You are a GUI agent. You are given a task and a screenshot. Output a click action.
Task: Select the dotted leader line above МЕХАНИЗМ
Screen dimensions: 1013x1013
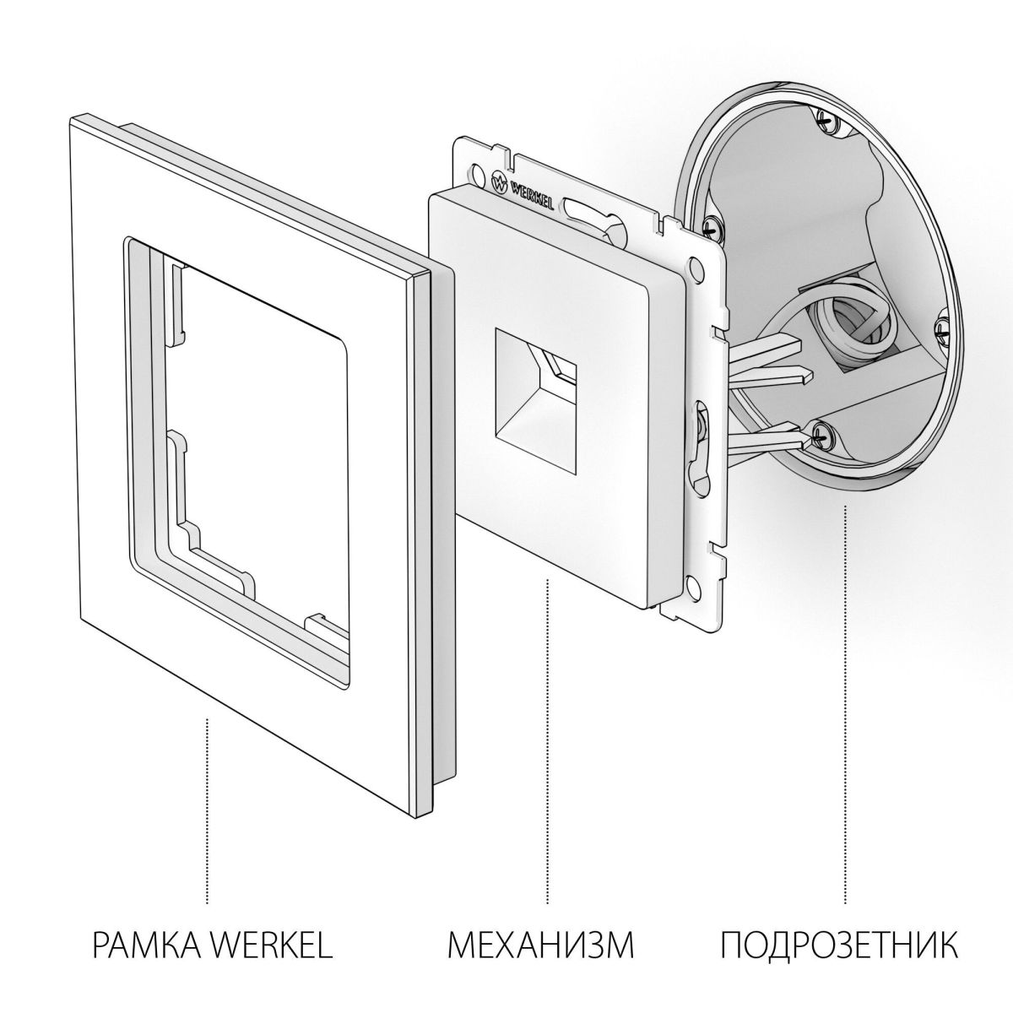[548, 734]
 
